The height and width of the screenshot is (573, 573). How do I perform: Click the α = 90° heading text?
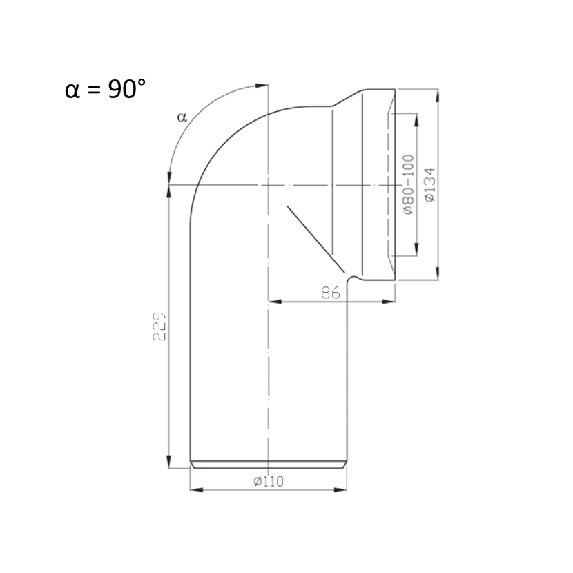coord(105,89)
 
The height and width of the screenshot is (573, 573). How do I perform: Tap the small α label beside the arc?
coord(182,117)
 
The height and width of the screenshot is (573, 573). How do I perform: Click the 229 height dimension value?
coord(159,327)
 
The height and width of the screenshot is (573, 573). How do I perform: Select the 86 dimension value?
coord(331,293)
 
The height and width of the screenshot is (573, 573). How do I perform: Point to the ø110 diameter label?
coord(269,481)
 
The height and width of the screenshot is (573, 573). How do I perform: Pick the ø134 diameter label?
coord(430,184)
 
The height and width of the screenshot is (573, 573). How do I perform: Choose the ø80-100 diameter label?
coord(408,184)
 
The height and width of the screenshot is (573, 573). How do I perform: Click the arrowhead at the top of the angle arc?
coord(262,86)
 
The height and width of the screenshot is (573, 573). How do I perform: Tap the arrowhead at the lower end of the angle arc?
coord(169,178)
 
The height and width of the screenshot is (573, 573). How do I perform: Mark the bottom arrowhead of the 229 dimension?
coord(168,462)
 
